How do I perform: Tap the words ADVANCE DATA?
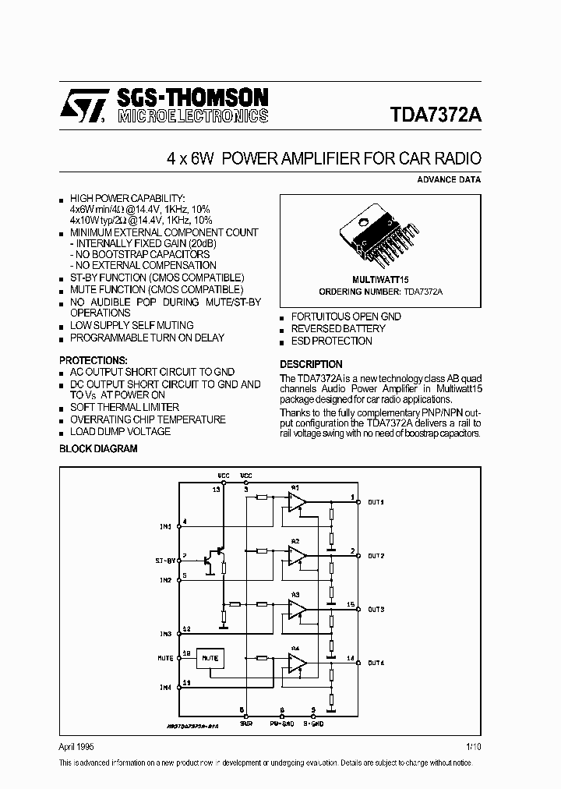pos(450,179)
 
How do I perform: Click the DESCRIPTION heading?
pos(311,364)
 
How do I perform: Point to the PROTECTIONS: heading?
pos(93,360)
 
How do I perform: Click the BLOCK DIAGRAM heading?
pos(98,448)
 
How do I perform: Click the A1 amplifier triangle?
pos(297,501)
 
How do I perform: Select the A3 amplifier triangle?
pos(297,608)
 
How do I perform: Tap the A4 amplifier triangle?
pos(297,662)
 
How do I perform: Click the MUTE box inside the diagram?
pos(210,659)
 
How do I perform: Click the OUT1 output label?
pos(376,502)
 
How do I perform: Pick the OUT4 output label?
pos(376,663)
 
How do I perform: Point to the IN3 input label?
pos(165,634)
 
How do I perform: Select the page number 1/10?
pos(473,746)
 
